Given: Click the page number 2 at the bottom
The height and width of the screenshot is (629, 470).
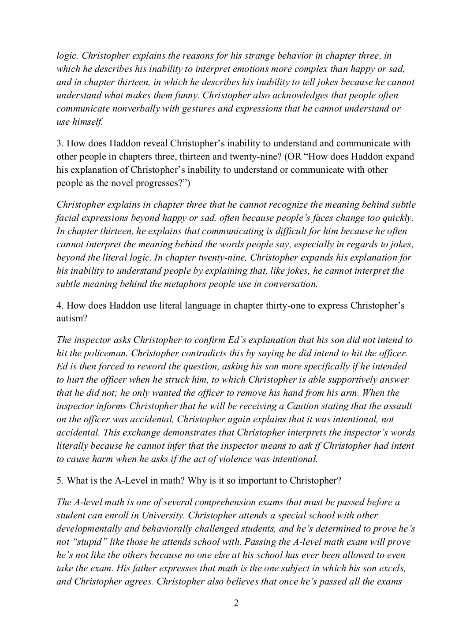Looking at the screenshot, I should (236, 603).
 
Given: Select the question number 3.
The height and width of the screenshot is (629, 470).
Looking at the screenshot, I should (59, 143).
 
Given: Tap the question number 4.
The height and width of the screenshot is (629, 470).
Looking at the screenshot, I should (59, 305).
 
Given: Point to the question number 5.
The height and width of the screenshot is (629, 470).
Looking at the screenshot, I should (59, 480).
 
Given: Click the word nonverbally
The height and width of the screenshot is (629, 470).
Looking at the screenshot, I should (132, 108).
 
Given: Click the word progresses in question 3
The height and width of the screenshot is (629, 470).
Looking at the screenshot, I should (163, 183).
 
